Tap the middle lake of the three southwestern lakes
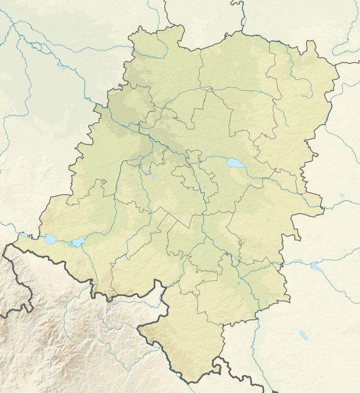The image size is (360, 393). (49, 239)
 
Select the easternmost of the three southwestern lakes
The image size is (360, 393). (76, 243)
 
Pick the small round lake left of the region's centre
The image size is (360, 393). (154, 177)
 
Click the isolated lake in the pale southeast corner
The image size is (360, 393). (304, 336)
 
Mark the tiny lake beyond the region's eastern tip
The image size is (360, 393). (342, 196)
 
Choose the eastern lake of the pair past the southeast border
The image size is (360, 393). (317, 267)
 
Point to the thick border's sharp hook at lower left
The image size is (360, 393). (28, 307)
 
